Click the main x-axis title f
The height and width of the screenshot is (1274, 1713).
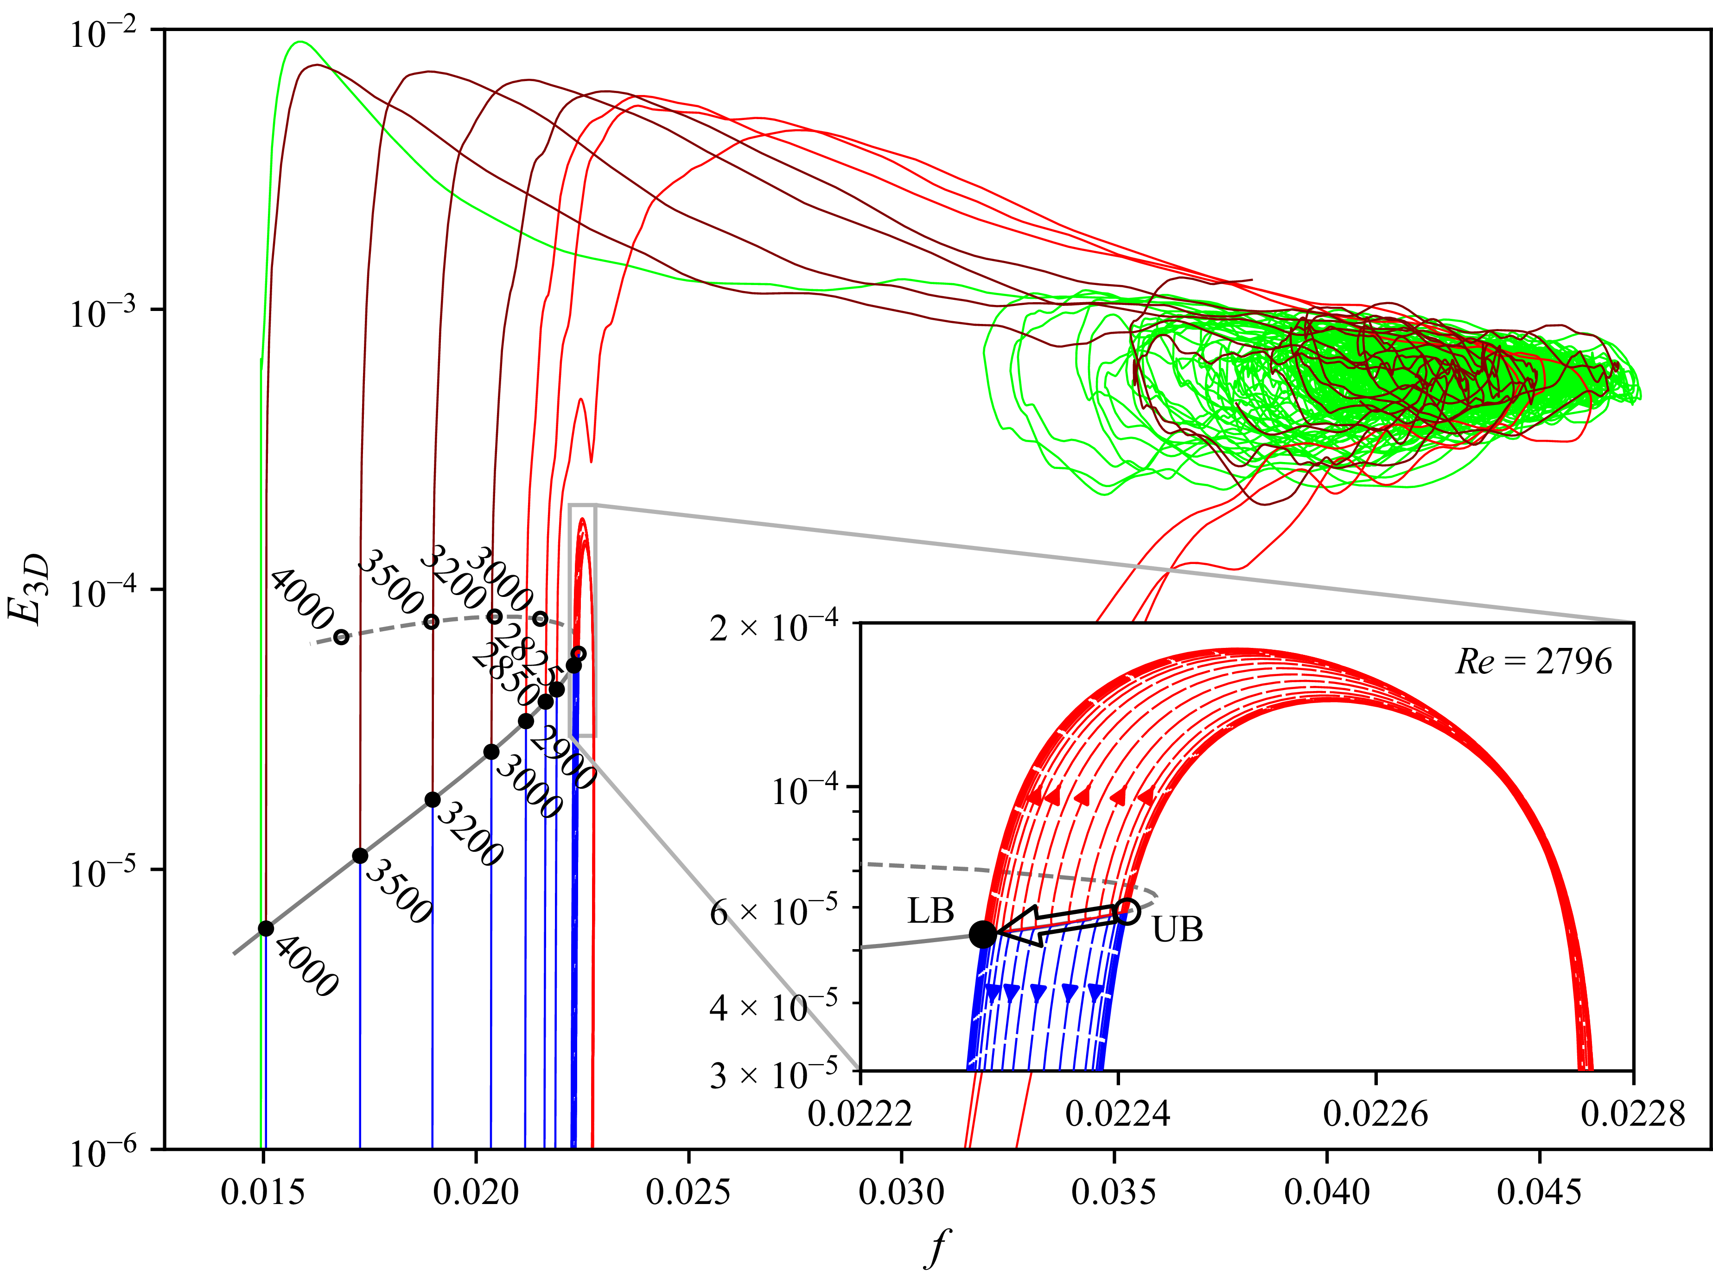(x=936, y=1247)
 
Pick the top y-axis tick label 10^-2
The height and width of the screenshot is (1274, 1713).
(x=102, y=33)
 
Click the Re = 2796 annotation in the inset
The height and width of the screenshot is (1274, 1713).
(x=1533, y=662)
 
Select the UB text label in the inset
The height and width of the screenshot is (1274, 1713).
(x=1177, y=930)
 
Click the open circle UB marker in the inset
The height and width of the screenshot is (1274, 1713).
(x=1127, y=911)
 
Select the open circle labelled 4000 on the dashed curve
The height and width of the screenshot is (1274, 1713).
(x=341, y=637)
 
